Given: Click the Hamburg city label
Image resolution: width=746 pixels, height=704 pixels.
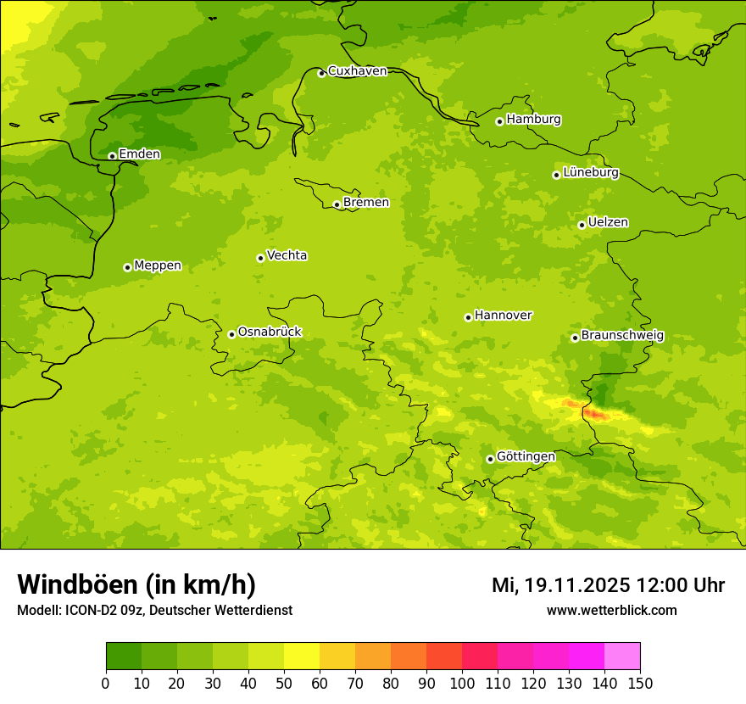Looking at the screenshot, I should point(533,120).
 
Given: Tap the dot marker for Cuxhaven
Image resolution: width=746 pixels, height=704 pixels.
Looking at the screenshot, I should point(321,74).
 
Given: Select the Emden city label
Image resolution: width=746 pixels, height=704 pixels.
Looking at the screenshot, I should point(139,154).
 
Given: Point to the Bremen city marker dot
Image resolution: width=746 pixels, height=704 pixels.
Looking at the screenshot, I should point(337,204).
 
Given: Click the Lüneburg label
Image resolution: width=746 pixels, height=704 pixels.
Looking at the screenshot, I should point(590,172).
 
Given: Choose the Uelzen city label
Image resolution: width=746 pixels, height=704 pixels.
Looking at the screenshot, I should point(608,223).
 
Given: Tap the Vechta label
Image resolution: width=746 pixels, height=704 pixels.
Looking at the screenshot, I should point(287,255).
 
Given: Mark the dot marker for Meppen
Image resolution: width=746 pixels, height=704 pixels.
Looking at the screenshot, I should point(127,267).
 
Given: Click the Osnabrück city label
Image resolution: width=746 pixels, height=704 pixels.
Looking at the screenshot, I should point(270,332).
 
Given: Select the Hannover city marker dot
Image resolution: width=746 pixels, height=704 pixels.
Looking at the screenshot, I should point(468,317).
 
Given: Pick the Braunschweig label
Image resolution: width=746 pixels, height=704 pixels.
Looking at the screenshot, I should point(622,336).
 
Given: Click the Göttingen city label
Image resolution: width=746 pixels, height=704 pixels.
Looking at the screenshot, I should point(526,457).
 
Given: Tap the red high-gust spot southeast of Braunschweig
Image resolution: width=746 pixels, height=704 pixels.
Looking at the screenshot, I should point(595,413).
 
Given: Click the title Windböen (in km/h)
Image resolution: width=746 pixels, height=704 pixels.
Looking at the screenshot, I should point(136,585).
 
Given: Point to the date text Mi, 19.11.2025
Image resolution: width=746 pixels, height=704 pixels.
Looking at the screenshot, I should point(559,585).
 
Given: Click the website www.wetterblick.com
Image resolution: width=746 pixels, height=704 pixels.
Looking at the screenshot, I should point(611,611).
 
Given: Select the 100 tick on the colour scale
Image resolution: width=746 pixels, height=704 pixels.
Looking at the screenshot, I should point(462,682).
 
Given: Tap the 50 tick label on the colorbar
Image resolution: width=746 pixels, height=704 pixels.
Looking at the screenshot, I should point(284,682).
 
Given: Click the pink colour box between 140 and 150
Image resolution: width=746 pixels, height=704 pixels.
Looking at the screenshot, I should point(622,657).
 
